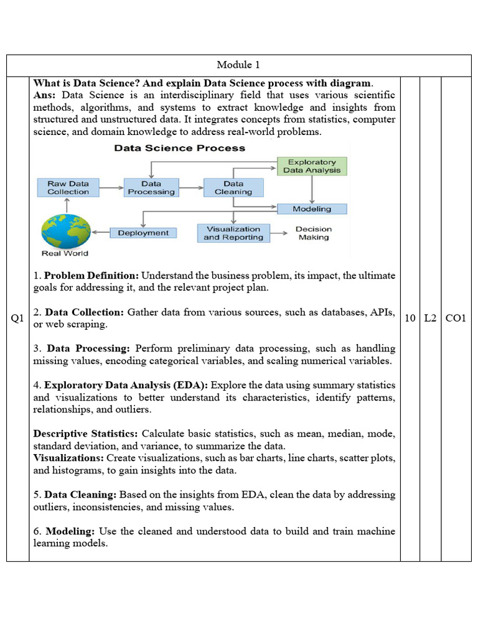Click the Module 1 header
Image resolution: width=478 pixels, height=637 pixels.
(x=238, y=65)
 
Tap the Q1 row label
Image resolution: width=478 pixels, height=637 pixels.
(x=17, y=318)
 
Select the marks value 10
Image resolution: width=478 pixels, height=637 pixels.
(x=410, y=318)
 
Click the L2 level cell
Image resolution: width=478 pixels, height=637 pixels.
(x=430, y=318)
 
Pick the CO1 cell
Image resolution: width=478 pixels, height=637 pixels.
(x=456, y=318)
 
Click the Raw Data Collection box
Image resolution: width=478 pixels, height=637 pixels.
(x=68, y=187)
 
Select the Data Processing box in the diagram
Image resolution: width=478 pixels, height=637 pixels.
(x=151, y=187)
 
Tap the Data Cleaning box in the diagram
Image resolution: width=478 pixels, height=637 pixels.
(x=233, y=187)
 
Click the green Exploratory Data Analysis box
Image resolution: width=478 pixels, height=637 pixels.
(x=312, y=166)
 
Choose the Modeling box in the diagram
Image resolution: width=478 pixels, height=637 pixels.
(x=312, y=209)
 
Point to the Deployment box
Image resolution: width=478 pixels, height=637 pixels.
(x=143, y=233)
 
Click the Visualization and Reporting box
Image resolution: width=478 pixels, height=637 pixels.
(x=233, y=233)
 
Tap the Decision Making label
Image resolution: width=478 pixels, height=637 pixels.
(x=314, y=233)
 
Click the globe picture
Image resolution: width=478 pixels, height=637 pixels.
(x=65, y=231)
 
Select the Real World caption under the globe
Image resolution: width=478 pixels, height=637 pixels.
(x=65, y=253)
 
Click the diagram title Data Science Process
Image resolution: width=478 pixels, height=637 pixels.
(x=179, y=148)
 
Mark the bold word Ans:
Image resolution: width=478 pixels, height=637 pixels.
(x=44, y=95)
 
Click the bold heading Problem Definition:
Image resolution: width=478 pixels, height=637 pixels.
(x=92, y=275)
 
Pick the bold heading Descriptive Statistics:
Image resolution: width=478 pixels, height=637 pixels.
(x=86, y=433)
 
